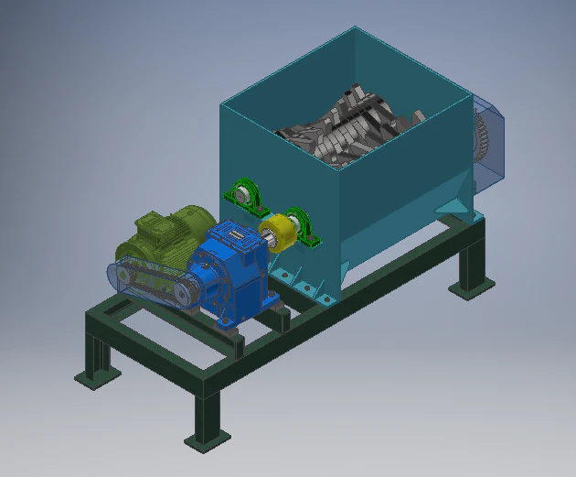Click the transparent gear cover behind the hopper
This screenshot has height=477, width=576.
click(x=490, y=142)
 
